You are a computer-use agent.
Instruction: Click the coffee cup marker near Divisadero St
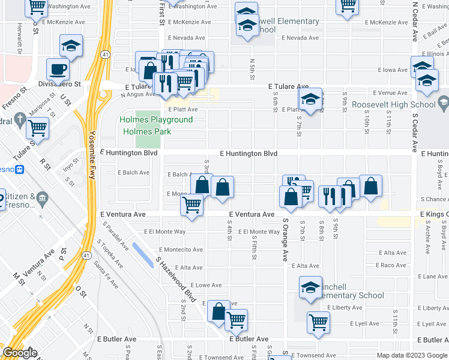58,68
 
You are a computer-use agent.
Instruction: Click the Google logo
20,353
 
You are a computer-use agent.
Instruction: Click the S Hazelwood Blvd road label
176,280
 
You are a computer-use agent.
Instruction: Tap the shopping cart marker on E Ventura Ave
192,205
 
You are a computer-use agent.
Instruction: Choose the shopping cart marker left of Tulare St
37,127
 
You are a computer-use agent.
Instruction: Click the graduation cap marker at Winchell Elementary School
310,287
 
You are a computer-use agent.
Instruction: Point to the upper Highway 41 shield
105,55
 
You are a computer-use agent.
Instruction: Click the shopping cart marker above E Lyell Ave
318,321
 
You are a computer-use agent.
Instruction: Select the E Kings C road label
434,214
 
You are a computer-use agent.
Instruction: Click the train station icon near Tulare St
19,170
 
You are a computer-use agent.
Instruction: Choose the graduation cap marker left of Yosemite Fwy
71,46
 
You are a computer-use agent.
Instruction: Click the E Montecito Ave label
181,250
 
